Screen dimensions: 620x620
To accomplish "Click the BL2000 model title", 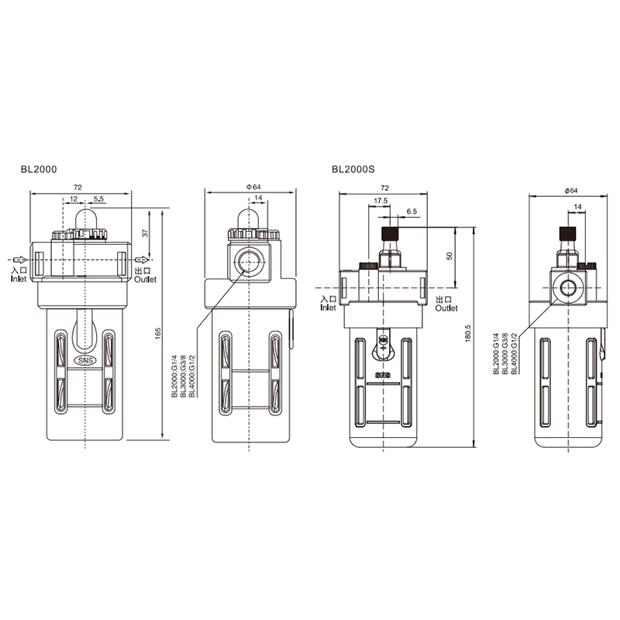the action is coord(39,169).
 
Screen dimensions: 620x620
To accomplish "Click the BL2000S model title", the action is coord(353,169).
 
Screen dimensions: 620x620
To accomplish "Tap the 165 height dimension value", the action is coord(158,334).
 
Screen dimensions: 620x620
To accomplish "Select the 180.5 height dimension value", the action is coord(469,333).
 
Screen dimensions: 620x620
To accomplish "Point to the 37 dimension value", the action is coord(145,233).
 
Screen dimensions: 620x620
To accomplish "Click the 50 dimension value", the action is coord(449,256).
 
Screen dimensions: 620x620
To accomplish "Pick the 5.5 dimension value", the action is coord(98,199).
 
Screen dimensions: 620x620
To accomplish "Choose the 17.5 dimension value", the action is coord(381,201).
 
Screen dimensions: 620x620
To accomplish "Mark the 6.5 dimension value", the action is coord(412,212).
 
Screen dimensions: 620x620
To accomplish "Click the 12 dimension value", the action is coord(74,199).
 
